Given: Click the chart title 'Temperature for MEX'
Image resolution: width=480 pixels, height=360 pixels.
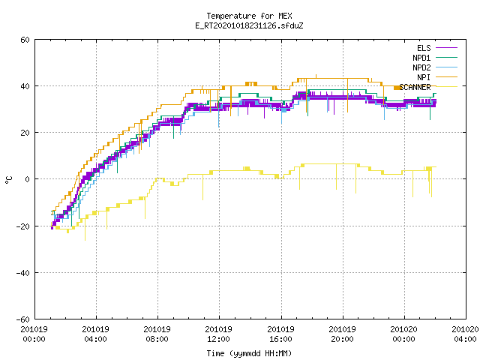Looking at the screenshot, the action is coord(249,16).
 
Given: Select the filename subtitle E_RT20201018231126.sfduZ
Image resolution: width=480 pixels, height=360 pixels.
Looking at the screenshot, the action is coord(249,25).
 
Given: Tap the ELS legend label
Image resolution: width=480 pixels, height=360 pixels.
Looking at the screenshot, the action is coord(424,48).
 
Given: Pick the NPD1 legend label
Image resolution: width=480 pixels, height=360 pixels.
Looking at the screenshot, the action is coord(421,58).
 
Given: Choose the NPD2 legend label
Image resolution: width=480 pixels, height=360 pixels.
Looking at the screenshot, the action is coord(421,67).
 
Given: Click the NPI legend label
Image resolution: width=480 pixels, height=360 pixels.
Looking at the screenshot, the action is coord(424,77).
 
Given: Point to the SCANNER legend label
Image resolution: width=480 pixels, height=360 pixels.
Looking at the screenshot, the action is coord(415,87).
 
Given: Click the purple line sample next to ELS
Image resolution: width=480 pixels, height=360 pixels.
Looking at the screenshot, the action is coord(446,48).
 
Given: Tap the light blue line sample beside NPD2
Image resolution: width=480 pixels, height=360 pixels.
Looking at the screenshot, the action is coord(446,67).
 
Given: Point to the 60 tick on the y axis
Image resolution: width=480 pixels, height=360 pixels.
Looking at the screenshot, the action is coord(25,40).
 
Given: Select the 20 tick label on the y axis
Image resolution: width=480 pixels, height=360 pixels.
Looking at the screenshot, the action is coord(25,133).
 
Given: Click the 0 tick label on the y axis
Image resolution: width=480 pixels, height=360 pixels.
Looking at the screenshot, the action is coord(28,179).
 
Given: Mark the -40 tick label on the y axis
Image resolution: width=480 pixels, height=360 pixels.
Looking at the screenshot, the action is coord(23,273).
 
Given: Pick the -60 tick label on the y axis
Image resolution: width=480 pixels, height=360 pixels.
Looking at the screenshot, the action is coord(23,319).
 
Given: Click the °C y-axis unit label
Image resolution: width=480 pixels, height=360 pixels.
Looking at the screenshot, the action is coord(8,180).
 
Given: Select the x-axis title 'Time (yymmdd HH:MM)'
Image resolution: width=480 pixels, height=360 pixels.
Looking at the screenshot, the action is coord(249,353).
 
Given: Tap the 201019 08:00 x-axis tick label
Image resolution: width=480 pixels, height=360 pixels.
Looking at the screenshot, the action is coord(157,334).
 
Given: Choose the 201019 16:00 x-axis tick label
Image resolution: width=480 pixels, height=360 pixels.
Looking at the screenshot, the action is coord(280,334).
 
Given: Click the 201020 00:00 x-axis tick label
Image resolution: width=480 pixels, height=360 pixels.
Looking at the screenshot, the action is coord(403,334).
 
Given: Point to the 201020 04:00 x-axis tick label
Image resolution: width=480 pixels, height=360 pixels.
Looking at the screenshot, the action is coord(465,334).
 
